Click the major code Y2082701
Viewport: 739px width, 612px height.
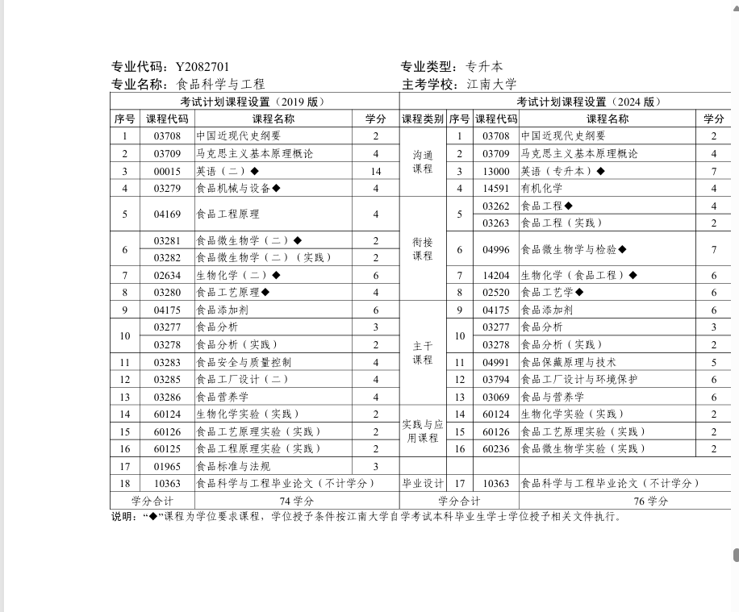(202, 67)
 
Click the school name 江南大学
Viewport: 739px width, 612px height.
(491, 84)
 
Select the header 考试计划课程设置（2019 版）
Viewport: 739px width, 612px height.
(253, 102)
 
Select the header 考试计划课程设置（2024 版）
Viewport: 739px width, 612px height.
(589, 102)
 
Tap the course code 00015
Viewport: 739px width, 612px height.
(167, 171)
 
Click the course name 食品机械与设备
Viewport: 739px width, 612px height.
(234, 189)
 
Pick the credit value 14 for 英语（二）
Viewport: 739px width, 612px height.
(375, 171)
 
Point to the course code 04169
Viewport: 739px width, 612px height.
(167, 214)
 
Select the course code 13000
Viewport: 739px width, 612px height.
(496, 171)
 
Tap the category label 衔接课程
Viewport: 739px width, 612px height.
(423, 248)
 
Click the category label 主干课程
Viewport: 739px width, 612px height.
(423, 352)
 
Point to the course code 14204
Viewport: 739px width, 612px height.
(496, 275)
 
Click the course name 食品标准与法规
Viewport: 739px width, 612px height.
(233, 466)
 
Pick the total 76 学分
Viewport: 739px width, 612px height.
(650, 501)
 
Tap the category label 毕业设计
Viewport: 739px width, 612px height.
(423, 483)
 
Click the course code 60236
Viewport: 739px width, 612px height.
(496, 448)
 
